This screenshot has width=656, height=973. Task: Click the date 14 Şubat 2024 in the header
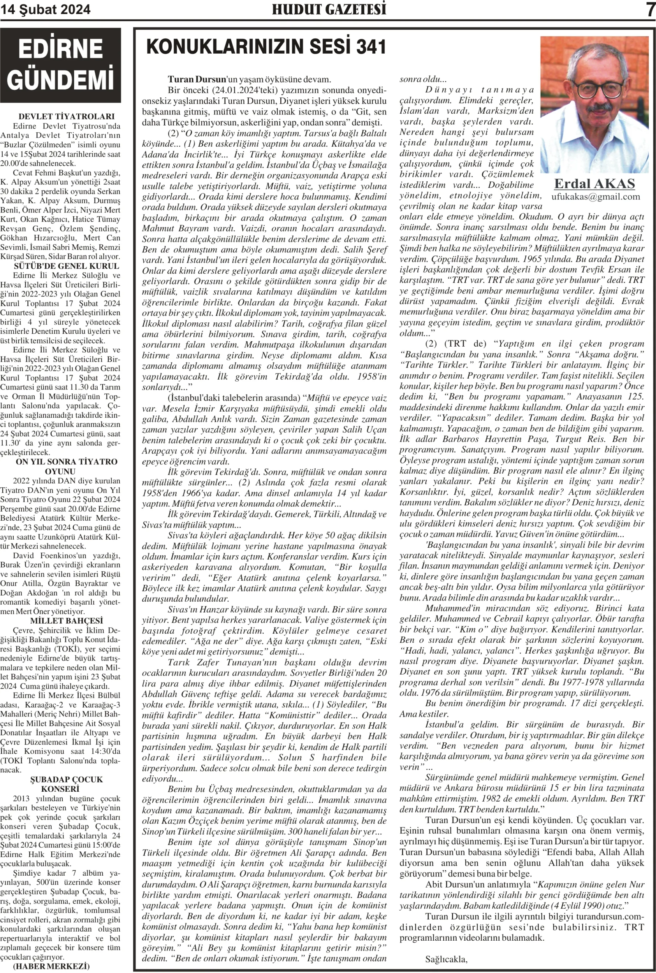[45, 10]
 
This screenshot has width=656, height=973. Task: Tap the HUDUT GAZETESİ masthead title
[329, 9]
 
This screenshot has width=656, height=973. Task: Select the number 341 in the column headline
[371, 46]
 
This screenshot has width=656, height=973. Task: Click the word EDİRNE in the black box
[61, 49]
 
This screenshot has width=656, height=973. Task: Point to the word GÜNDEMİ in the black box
[61, 79]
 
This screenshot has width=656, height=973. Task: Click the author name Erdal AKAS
[594, 184]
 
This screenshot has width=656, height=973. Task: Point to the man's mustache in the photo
[599, 108]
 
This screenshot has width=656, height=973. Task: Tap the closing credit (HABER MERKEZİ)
[51, 966]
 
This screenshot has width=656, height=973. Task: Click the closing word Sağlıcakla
[446, 959]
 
